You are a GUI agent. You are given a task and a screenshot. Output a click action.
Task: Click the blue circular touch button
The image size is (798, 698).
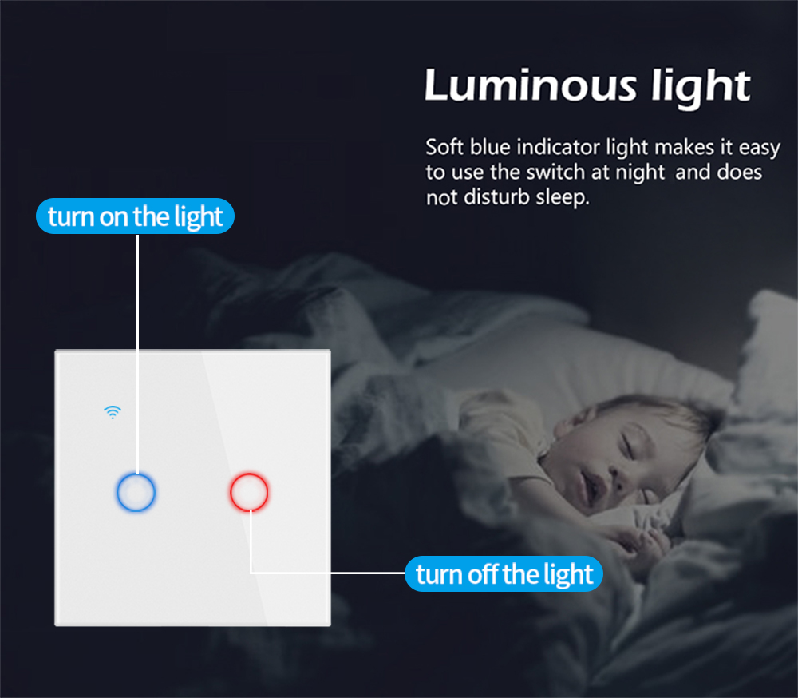(136, 475)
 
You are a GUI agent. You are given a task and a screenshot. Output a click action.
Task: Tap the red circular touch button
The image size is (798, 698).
(249, 475)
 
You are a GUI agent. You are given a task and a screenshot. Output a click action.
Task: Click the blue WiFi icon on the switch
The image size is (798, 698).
(113, 411)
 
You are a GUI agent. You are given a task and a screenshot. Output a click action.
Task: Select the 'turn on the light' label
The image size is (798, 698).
(136, 216)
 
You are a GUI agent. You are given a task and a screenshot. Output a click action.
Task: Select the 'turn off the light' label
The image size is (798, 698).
(504, 573)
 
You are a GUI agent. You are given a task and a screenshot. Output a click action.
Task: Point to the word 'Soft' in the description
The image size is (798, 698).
(444, 147)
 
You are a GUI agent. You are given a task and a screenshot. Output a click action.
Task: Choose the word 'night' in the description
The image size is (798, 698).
(640, 173)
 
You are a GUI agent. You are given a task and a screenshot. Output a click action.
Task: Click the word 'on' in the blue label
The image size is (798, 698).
(114, 217)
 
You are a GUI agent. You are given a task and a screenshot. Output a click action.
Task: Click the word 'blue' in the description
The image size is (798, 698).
(490, 147)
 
